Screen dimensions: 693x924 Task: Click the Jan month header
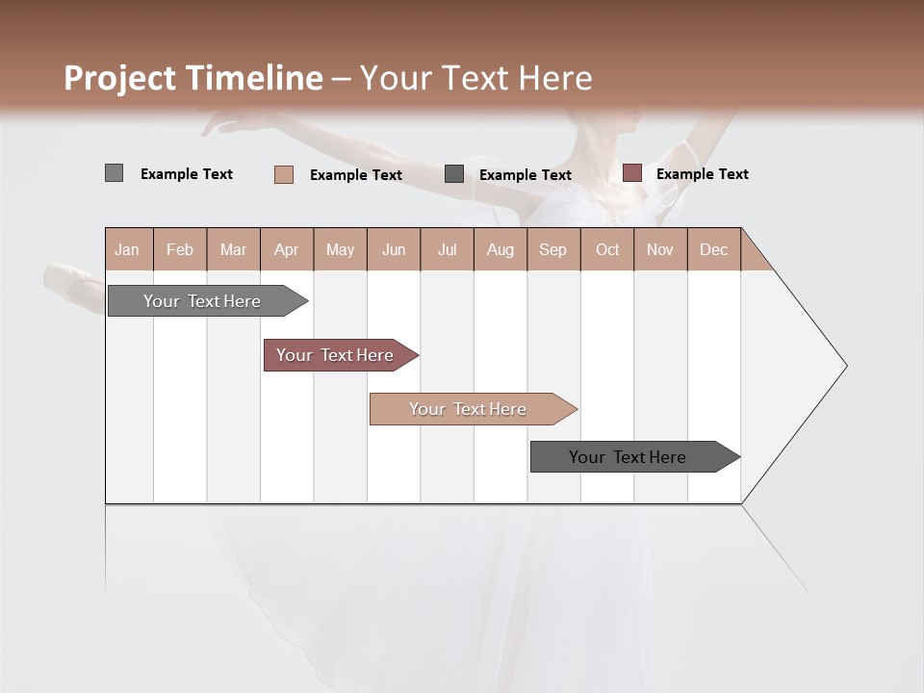127,249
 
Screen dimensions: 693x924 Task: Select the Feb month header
180,249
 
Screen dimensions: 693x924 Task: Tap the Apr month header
286,249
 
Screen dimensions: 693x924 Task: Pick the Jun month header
394,249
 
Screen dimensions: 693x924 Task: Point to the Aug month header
500,249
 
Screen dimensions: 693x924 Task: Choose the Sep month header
552,249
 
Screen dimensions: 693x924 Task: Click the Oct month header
607,249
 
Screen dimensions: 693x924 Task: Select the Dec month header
713,249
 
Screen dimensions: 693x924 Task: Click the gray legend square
114,173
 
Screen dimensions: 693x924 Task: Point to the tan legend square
283,174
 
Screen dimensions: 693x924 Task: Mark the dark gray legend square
454,174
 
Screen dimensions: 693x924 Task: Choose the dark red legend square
631,173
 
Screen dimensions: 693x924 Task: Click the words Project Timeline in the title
192,78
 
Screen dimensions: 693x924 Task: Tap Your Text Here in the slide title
475,78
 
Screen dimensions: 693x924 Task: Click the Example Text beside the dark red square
702,173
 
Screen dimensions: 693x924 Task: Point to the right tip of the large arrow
844,366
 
